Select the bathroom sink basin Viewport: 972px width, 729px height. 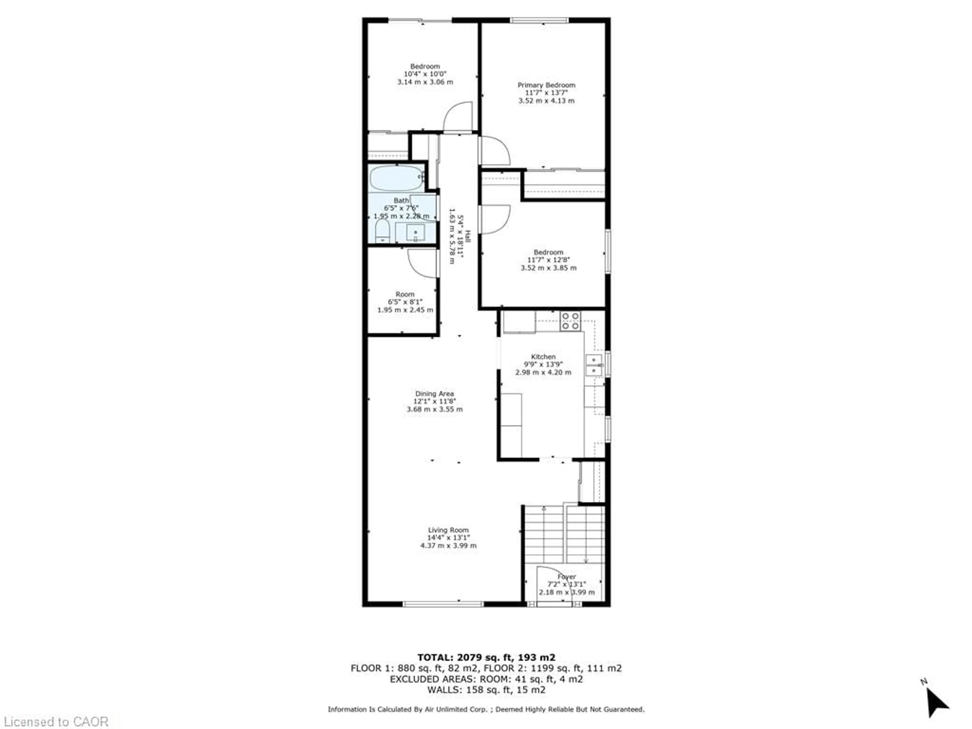[415, 232]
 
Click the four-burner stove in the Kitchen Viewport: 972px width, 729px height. [570, 321]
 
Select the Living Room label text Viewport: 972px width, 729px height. [448, 530]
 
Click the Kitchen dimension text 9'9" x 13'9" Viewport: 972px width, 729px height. [543, 364]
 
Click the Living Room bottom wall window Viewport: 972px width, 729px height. [443, 604]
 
